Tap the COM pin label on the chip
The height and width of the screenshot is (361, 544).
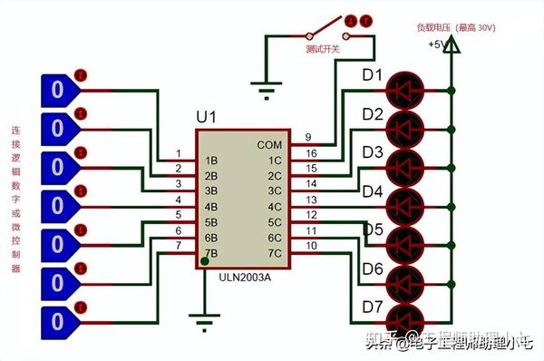tap(269, 144)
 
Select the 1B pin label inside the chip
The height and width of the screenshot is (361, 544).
tap(211, 160)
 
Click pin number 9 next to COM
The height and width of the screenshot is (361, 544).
tap(308, 137)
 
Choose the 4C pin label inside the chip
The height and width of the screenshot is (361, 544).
tap(273, 207)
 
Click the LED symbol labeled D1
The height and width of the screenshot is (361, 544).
tap(405, 91)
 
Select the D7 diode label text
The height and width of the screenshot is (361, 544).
tap(373, 307)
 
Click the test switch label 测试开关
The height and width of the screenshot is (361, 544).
tap(323, 48)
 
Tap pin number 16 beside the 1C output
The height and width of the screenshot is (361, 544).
tap(309, 152)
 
